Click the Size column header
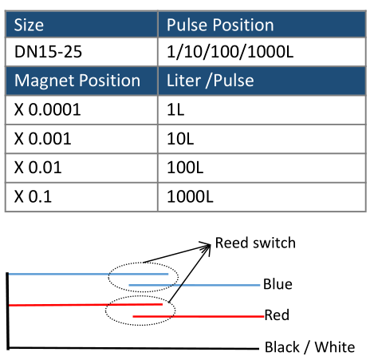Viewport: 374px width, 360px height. pos(81,25)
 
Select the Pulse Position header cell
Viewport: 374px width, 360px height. pos(262,25)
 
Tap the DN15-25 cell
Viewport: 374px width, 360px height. pos(81,52)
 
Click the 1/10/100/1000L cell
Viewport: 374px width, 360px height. pos(262,52)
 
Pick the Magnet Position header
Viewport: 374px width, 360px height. pos(81,81)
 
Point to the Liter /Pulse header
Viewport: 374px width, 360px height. pos(262,81)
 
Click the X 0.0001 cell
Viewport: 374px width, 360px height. pos(81,109)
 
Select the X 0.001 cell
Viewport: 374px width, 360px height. pos(81,139)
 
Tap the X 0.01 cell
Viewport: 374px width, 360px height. pos(81,168)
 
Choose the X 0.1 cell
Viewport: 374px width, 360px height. pos(81,197)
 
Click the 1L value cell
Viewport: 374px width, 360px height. pos(262,109)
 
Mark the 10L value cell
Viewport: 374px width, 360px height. pos(262,139)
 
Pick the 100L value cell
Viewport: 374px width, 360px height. pos(262,168)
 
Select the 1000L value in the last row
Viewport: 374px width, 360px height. pos(262,197)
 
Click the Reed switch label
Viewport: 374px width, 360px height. pos(255,243)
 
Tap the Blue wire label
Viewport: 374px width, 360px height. pos(278,284)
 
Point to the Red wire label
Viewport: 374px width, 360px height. pos(277,315)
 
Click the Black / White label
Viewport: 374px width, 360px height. pos(309,347)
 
